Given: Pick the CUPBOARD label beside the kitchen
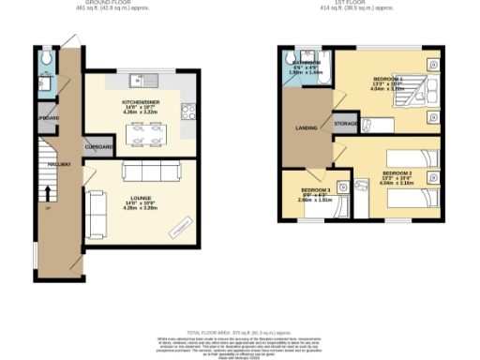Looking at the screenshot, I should click(x=99, y=147).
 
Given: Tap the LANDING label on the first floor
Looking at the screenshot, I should click(x=306, y=127).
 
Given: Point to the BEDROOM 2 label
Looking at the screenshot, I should click(x=397, y=173).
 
